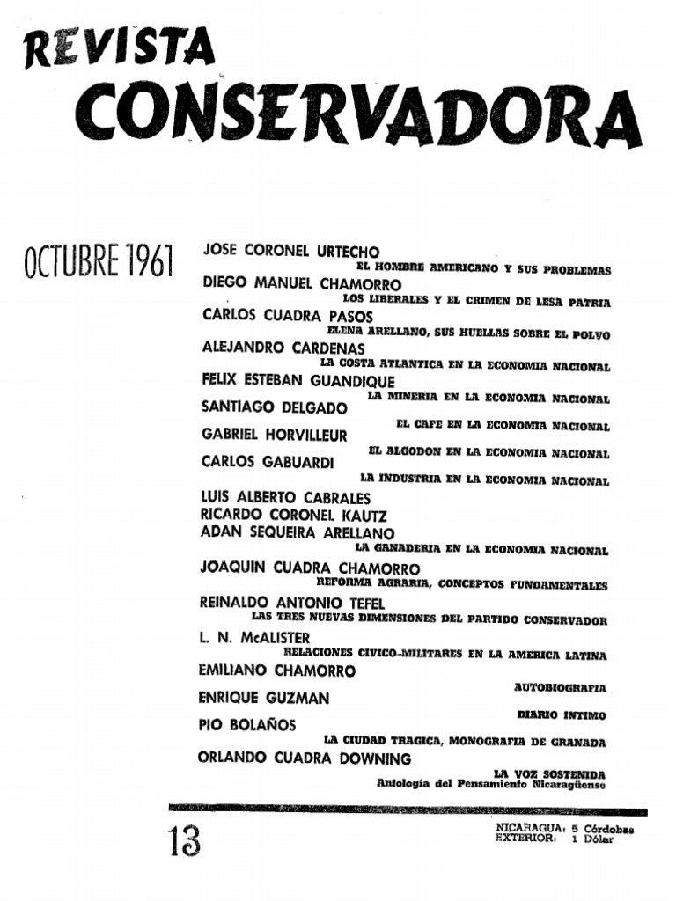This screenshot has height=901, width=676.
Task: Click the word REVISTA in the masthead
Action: (x=114, y=49)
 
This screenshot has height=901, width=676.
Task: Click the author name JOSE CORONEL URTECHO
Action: (x=290, y=252)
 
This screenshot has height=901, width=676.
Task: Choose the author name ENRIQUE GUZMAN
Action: (x=264, y=699)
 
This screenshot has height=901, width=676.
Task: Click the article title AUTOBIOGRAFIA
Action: (x=561, y=686)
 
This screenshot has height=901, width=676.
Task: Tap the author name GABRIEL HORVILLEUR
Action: (x=274, y=435)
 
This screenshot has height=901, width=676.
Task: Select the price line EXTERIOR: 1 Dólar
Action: (x=555, y=839)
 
